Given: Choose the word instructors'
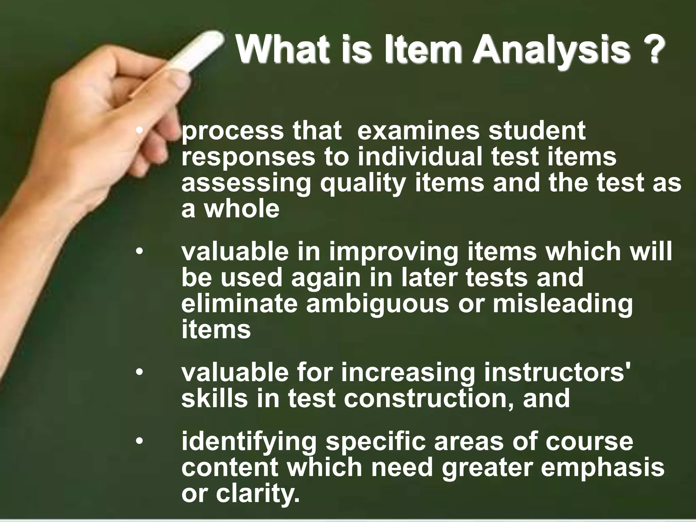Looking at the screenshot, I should tap(557, 372).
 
